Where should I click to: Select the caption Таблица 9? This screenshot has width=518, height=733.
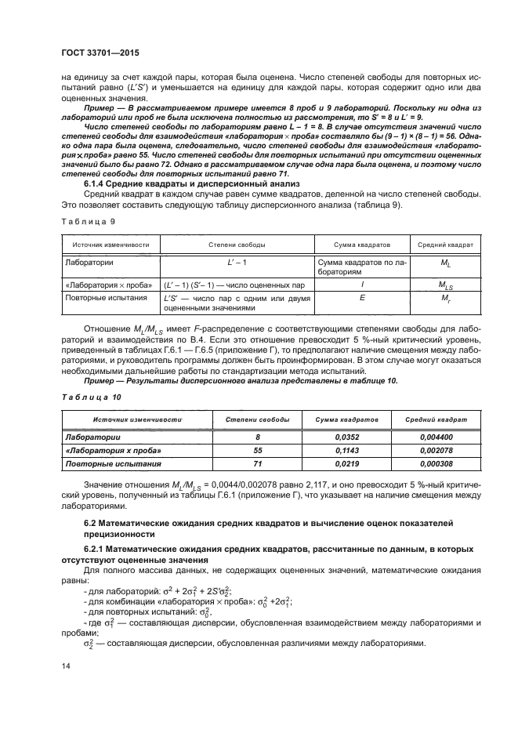[x=80, y=222]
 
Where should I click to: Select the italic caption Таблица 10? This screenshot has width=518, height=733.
[x=82, y=398]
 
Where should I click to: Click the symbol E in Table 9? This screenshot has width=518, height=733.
[x=361, y=298]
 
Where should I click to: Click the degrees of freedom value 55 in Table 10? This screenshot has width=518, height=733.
[x=258, y=452]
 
